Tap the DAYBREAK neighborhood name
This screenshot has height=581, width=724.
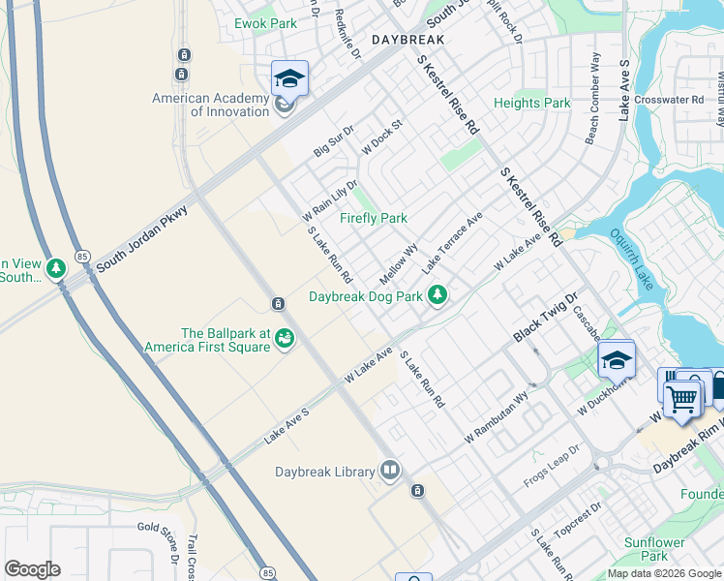[407, 40]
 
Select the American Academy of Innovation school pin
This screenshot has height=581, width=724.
[289, 78]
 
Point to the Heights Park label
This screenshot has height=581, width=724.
[532, 103]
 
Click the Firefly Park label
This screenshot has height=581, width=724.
[374, 218]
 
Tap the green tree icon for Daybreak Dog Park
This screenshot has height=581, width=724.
[438, 294]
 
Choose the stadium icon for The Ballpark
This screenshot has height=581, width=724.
[285, 338]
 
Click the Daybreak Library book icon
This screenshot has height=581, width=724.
[390, 471]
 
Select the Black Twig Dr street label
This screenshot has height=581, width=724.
[544, 317]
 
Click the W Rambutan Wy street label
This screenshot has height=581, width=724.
[497, 417]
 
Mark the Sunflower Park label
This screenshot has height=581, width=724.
[647, 549]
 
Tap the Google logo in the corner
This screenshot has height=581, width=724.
[33, 569]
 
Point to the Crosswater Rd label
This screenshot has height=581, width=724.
[678, 100]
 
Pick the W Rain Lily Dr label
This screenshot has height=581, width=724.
[330, 199]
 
